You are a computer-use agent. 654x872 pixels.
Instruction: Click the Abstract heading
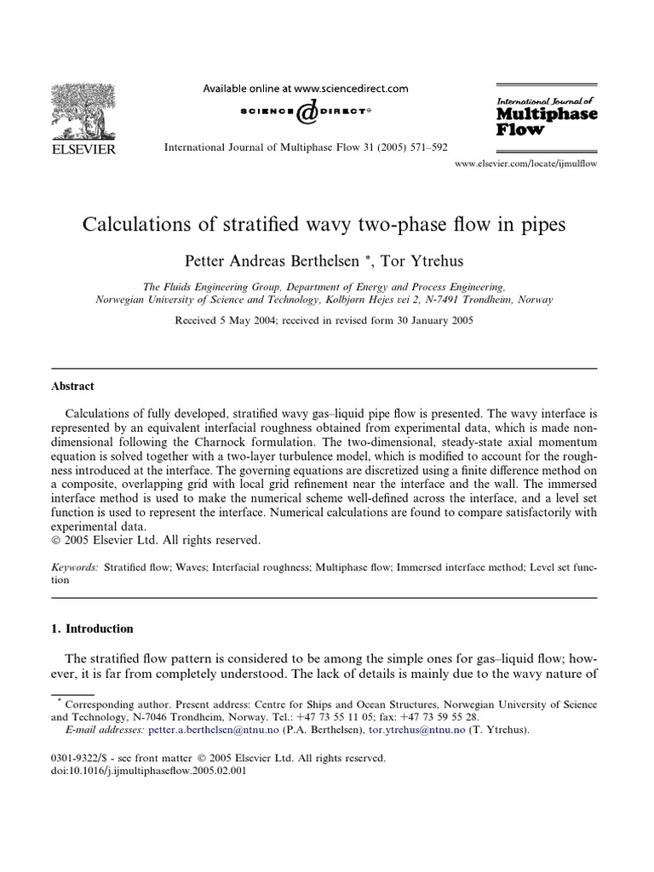point(73,385)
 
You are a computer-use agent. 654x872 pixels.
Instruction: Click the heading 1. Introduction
point(93,628)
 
